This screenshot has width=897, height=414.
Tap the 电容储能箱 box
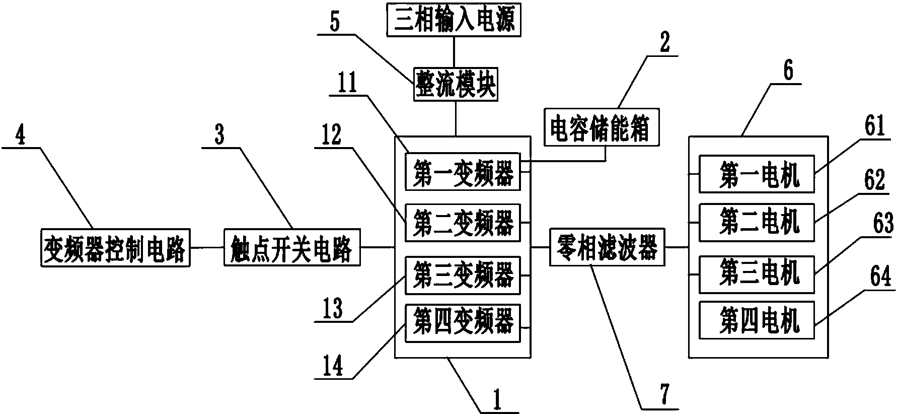[602, 129]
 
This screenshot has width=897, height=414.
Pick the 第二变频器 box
[463, 223]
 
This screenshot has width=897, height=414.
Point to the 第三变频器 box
[463, 275]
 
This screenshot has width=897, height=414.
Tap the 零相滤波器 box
[607, 247]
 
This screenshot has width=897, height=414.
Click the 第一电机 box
[757, 174]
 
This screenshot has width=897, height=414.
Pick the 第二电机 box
[757, 223]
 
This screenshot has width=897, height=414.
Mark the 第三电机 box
[757, 274]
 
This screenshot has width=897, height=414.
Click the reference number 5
[335, 22]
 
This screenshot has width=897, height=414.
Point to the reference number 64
[880, 276]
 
